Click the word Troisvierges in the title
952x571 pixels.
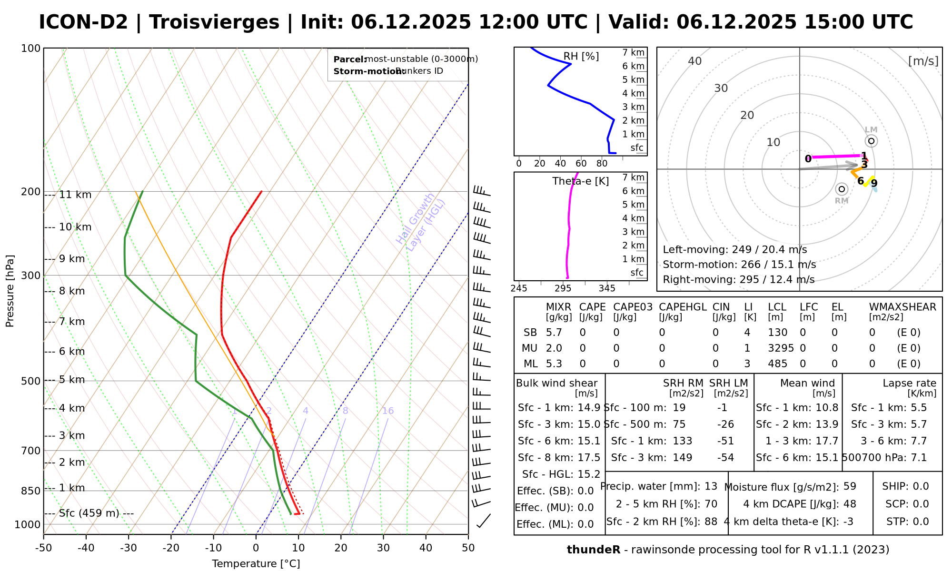[214, 22]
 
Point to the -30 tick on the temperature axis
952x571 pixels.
[129, 548]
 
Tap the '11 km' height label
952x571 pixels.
[75, 195]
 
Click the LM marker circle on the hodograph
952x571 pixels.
[871, 141]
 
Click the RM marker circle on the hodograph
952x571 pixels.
[842, 189]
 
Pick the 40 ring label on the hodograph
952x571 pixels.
[695, 61]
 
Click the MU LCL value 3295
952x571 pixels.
[781, 348]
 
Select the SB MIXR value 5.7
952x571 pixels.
[554, 333]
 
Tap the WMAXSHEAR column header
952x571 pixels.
[902, 307]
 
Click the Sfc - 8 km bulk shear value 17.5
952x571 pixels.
[589, 458]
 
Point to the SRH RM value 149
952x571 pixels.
[682, 458]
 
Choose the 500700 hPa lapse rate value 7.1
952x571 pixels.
[918, 458]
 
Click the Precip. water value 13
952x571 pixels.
[711, 486]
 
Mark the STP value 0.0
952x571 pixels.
[921, 522]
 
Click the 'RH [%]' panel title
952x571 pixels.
[581, 56]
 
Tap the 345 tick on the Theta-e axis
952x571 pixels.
[607, 288]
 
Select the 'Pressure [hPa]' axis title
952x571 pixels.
[10, 291]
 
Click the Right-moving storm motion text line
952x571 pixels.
[738, 279]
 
